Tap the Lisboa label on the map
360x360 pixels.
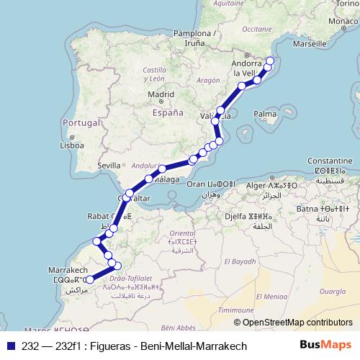point(72,145)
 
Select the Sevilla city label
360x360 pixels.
point(110,166)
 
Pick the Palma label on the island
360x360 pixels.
point(266,114)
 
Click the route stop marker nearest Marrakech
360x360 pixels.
point(89,279)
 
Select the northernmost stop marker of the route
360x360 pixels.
point(271,60)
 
